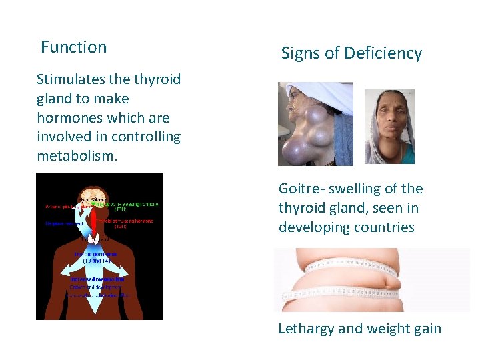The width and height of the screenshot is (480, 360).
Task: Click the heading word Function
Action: pyautogui.click(x=73, y=47)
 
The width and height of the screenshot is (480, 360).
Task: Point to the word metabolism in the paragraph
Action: pyautogui.click(x=75, y=156)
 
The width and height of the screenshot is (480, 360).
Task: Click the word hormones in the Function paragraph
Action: pyautogui.click(x=69, y=118)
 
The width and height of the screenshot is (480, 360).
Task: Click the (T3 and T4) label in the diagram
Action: pyautogui.click(x=96, y=261)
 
